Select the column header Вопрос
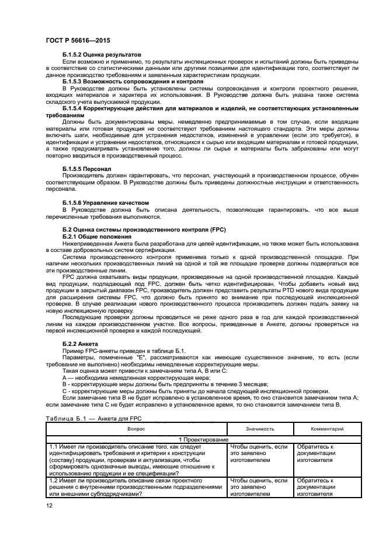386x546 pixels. [x=137, y=428]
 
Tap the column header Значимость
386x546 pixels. [x=258, y=428]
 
